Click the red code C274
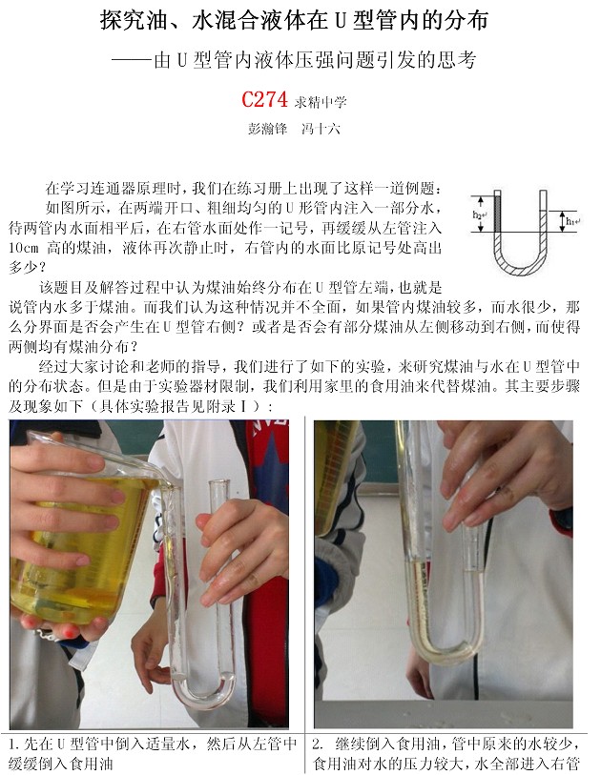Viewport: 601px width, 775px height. [x=264, y=99]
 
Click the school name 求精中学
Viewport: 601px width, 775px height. [x=321, y=102]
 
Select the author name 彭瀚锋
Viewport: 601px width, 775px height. [x=268, y=129]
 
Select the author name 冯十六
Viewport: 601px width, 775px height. [x=321, y=129]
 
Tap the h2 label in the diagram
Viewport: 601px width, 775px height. [x=479, y=214]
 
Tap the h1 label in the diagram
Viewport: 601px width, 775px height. [x=572, y=221]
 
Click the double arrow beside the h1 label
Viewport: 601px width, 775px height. [x=562, y=221]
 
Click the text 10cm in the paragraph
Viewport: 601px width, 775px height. [x=23, y=248]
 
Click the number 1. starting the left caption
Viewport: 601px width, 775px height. [x=16, y=744]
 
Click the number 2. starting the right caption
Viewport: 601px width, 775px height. [x=318, y=744]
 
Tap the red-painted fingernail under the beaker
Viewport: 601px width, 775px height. [x=70, y=631]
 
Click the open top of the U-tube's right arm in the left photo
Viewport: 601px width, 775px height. [x=218, y=482]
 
